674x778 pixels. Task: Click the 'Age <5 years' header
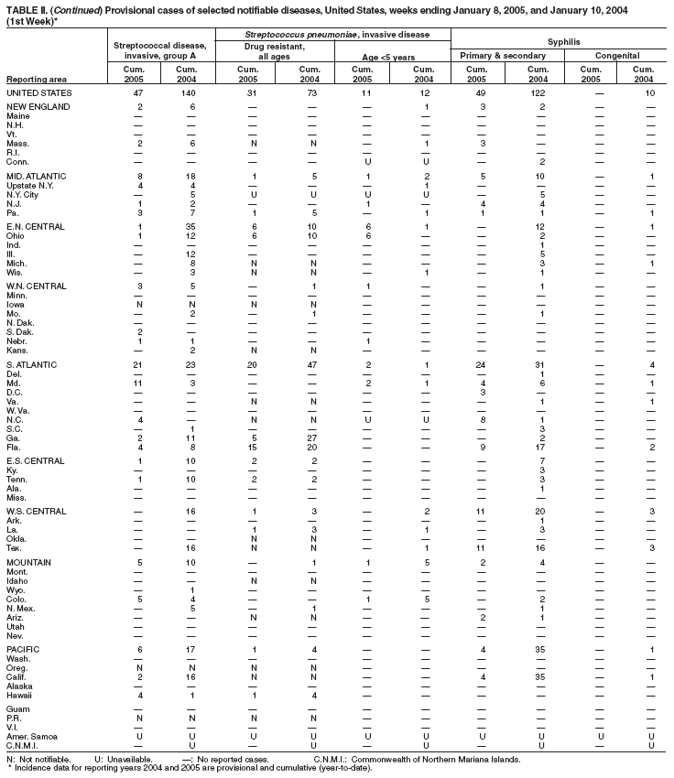(x=391, y=57)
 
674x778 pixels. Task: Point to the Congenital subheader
(x=616, y=57)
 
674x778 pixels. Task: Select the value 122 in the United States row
(x=541, y=93)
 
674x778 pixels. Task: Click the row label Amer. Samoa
(x=30, y=734)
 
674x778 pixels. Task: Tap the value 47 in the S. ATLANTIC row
(x=312, y=365)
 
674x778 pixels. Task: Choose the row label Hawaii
(x=20, y=697)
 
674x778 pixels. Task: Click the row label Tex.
(x=15, y=546)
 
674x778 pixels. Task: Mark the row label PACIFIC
(x=23, y=649)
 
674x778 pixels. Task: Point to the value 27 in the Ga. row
(x=312, y=438)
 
